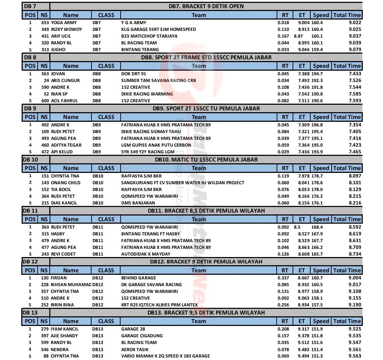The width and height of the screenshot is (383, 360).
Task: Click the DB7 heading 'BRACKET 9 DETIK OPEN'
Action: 206,6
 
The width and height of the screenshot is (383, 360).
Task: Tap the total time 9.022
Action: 355,22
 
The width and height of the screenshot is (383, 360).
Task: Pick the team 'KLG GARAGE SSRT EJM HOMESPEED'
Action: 159,29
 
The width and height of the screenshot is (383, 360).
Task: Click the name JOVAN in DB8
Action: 58,73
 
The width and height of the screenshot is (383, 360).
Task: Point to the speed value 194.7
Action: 317,73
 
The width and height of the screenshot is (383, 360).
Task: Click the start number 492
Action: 45,125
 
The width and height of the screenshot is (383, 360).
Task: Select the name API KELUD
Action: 62,152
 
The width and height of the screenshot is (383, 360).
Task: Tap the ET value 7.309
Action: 304,125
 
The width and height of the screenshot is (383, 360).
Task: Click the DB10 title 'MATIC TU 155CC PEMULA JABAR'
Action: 206,159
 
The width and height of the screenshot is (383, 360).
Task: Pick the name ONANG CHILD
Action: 66,182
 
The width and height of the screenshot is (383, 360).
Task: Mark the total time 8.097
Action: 355,176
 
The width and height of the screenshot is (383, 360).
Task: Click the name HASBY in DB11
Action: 58,234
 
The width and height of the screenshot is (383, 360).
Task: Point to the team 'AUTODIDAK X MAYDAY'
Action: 146,254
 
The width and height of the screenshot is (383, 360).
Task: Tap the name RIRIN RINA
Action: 62,305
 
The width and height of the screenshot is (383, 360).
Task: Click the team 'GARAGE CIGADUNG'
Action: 142,336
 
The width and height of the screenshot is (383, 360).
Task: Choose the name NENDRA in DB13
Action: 60,349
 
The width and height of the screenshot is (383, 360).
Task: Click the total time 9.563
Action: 355,356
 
